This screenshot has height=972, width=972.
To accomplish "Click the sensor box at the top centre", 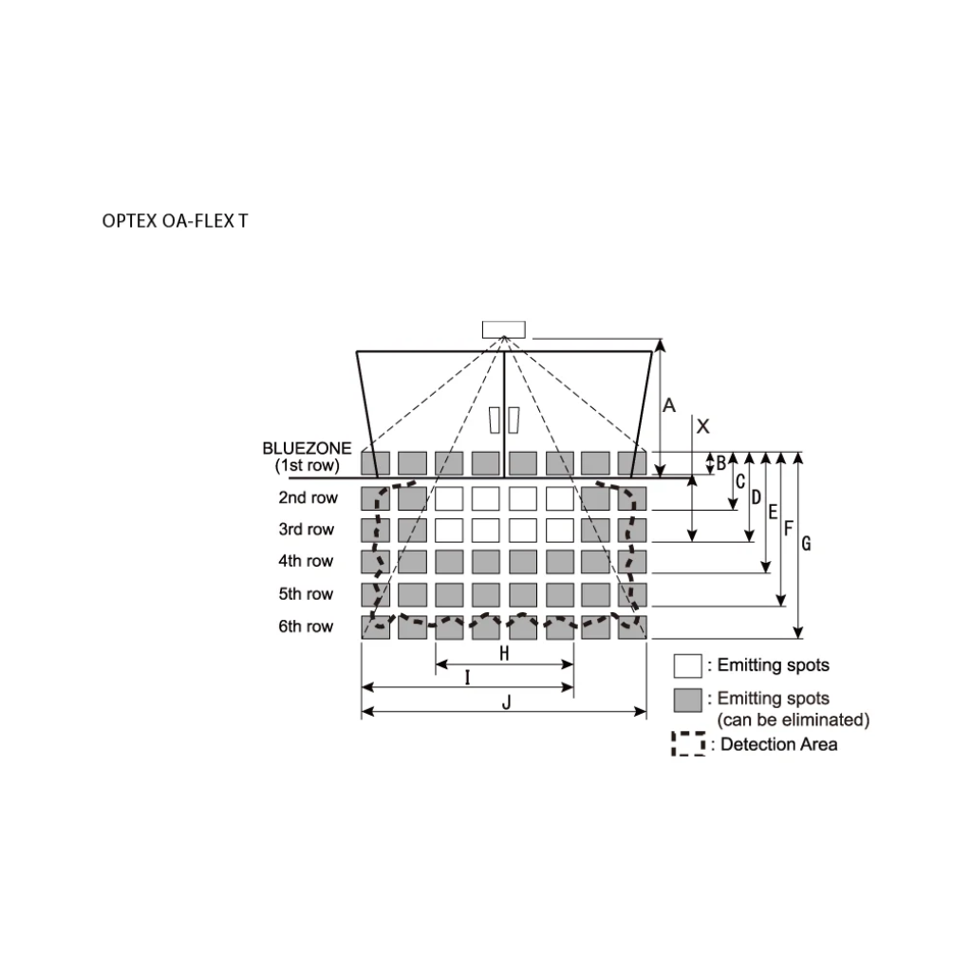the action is point(503,329).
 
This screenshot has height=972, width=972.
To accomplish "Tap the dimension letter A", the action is point(669,405).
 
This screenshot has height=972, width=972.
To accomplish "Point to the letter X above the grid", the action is point(702,427).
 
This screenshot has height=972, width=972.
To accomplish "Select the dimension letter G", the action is point(807,544).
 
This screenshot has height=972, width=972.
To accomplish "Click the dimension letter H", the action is point(504,653).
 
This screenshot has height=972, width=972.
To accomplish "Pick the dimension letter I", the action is point(467,676).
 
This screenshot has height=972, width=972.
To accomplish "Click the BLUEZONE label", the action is point(307,448).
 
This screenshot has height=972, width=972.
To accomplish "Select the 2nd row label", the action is point(308,497).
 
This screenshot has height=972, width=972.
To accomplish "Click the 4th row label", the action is point(306,561).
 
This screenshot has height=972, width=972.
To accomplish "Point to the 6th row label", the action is point(306,626).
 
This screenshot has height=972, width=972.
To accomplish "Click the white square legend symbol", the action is point(687,665).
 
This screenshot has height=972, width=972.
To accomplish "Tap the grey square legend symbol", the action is point(687,700).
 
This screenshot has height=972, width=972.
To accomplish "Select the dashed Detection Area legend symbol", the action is point(688,744).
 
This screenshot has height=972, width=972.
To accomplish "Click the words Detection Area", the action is point(778,744).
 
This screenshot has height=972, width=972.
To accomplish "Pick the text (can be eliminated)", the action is point(793,720).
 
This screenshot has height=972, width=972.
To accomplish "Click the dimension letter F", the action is point(788,528).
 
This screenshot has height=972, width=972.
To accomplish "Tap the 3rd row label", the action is point(306,529).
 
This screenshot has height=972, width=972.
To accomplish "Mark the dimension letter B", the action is point(721,463).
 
